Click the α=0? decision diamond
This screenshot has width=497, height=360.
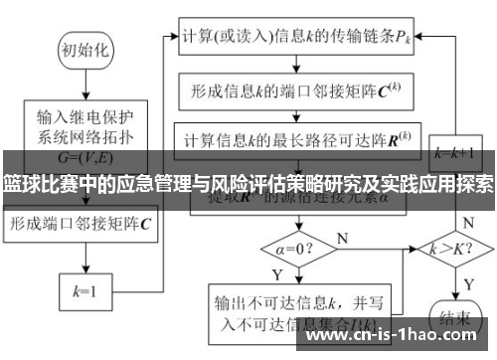point(293,243)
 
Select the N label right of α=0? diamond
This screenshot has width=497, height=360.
point(342,237)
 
